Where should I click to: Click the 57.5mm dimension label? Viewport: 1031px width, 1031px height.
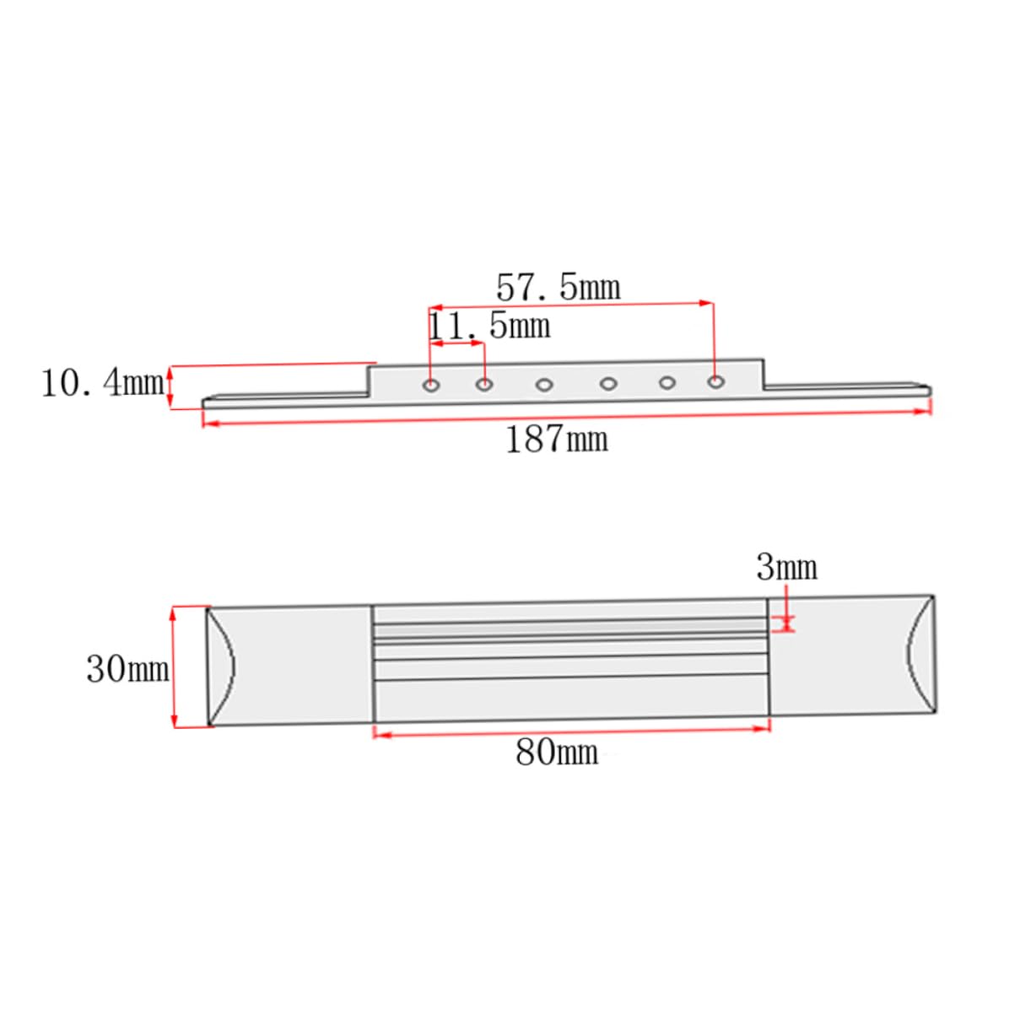point(558,288)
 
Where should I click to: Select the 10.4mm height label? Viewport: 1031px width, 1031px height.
point(103,384)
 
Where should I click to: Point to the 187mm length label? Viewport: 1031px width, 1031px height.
point(557,440)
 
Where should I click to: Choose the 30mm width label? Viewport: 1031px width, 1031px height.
point(127,669)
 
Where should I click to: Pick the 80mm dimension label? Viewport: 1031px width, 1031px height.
point(557,753)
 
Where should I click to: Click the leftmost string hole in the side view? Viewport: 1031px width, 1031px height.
point(431,385)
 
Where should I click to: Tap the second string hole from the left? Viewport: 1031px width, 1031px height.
point(484,384)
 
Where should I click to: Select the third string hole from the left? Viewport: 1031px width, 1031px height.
point(544,385)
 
